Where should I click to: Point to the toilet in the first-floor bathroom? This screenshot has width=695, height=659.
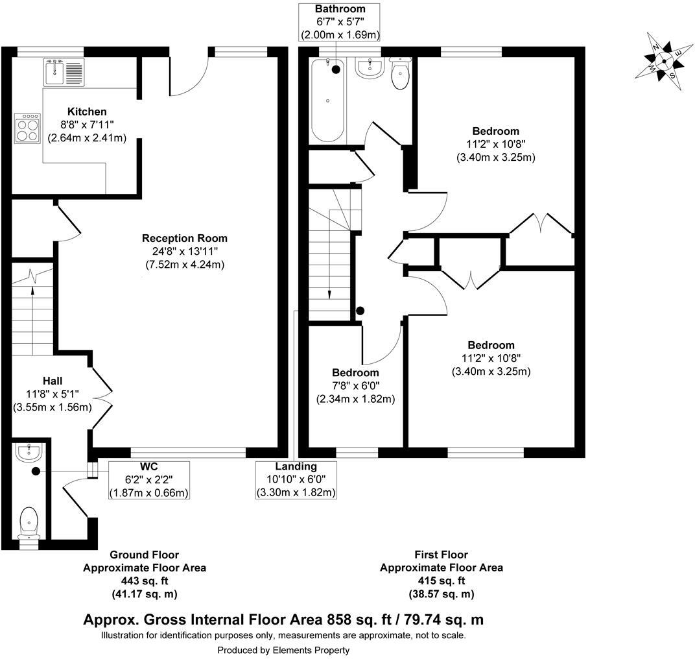coord(400,73)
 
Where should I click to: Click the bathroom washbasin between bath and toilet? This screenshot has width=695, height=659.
coord(370,68)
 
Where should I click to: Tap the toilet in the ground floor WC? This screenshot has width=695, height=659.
coord(29,522)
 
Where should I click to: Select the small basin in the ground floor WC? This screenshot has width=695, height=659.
coord(29,452)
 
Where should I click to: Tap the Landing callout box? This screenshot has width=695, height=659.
coord(296,480)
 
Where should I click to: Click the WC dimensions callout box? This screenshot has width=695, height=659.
coord(149,480)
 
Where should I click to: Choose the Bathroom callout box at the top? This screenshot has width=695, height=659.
coord(340,22)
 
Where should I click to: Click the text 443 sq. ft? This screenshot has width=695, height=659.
coord(145,581)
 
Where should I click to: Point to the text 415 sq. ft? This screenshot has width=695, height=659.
coord(441,581)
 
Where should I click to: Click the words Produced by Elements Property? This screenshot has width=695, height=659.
coord(283,650)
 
